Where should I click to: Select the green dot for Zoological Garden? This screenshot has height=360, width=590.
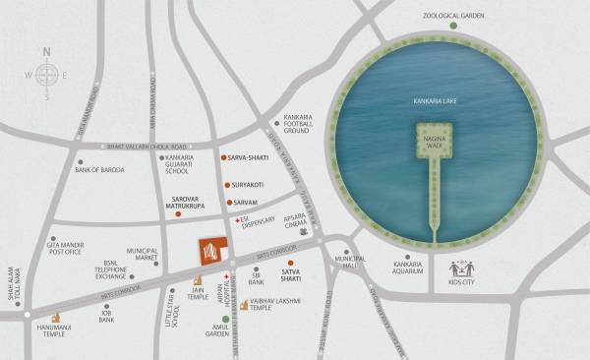click(x=454, y=27)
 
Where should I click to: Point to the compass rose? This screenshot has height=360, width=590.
click(x=47, y=75)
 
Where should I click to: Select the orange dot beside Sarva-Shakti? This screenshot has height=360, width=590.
click(x=223, y=157)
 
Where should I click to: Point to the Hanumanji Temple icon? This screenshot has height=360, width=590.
click(x=54, y=321)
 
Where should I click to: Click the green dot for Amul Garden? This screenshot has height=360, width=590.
click(x=225, y=321)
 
